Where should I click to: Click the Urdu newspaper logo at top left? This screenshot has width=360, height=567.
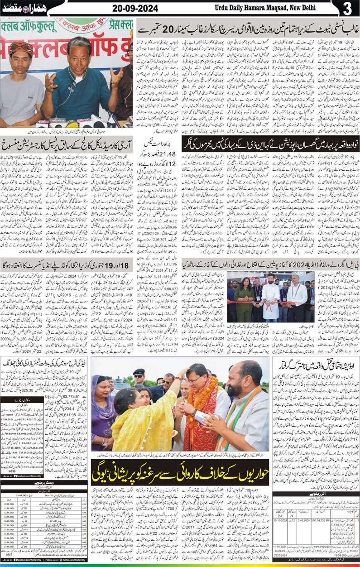coord(16,9)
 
